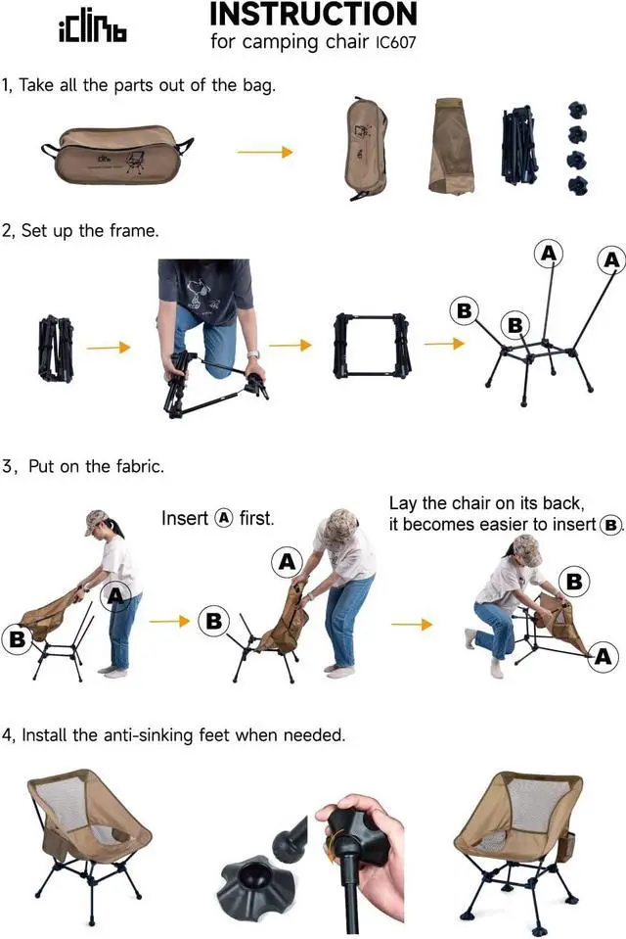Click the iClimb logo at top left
(93, 30)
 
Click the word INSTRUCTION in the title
(313, 15)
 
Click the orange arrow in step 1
(265, 152)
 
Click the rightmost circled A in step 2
(611, 260)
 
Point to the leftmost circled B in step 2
(465, 311)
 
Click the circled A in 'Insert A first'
(225, 518)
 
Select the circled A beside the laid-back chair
(603, 657)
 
